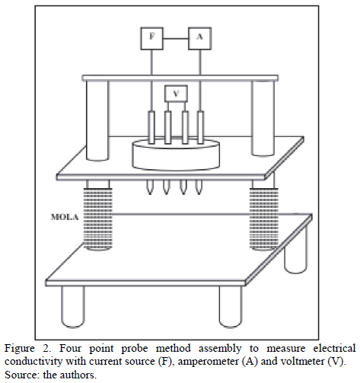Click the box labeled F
[151, 38]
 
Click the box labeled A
[199, 38]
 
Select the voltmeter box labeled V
[176, 94]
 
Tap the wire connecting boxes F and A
[176, 39]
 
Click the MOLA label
[65, 217]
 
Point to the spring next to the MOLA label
[97, 219]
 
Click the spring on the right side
[264, 219]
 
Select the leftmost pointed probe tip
[150, 187]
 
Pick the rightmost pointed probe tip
[199, 187]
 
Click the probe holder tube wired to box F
[151, 127]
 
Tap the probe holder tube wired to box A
[200, 127]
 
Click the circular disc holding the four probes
[176, 155]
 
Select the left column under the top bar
[97, 120]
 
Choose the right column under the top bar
[263, 118]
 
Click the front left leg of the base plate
[73, 307]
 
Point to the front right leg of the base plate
[231, 307]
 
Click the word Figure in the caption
[19, 349]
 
